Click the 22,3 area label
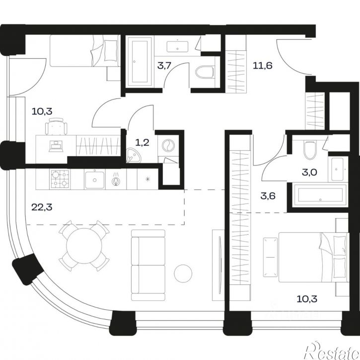point(42,207)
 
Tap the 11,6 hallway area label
point(262,66)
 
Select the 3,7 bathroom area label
point(164,66)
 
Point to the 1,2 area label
point(142,143)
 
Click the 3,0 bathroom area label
point(309,172)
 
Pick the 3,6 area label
point(268,196)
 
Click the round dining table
point(84,246)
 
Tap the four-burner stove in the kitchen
point(60,179)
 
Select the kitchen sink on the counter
point(94,180)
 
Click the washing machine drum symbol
point(168,146)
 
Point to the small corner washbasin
point(134,155)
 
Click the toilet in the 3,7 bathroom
point(205,72)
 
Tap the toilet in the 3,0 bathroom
point(310,150)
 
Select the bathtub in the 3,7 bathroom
point(140,61)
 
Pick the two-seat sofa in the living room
point(148,265)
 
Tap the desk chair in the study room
point(56,126)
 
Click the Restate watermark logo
point(331,351)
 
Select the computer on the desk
point(56,146)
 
